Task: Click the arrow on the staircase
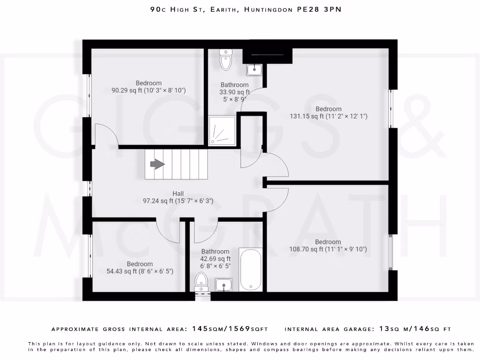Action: point(157,164)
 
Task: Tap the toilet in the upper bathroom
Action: point(226,59)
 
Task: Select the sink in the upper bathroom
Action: point(255,70)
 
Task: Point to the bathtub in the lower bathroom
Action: point(251,269)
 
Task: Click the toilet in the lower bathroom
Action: point(201,283)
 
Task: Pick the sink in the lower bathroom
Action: point(224,285)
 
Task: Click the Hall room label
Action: point(178,194)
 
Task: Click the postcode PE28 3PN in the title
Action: point(319,9)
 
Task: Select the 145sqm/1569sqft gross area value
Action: point(231,329)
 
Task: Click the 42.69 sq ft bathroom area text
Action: point(216,259)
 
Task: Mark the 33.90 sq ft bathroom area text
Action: point(234,92)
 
